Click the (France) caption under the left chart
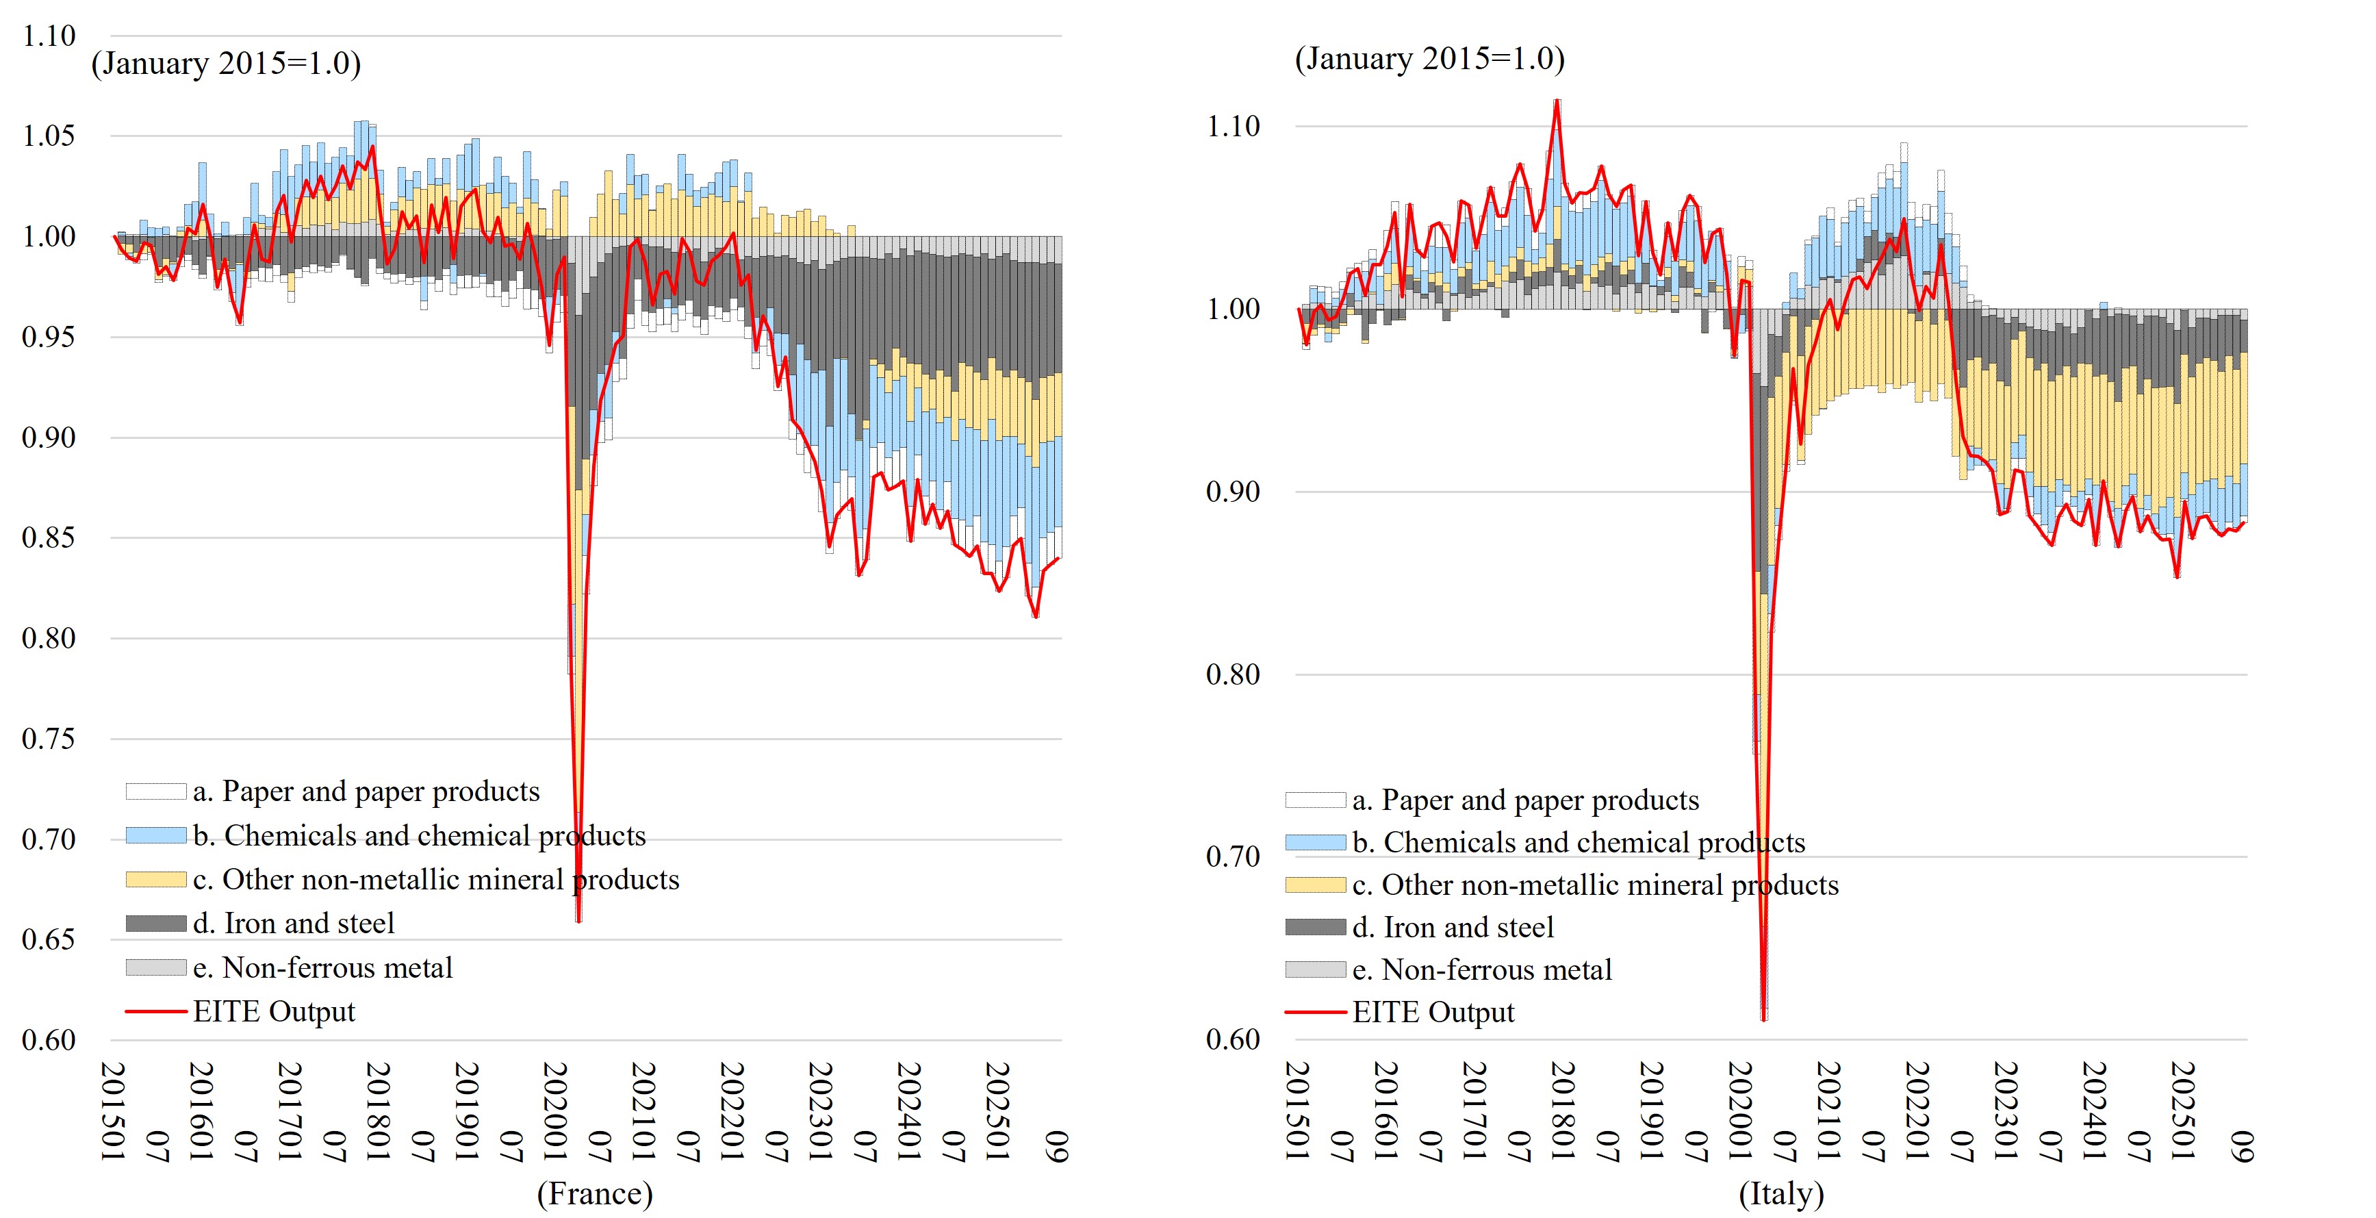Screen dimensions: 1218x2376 [595, 1193]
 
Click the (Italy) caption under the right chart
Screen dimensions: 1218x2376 [1781, 1193]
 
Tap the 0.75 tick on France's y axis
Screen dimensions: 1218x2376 [49, 739]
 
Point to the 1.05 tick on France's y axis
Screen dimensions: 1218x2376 [49, 136]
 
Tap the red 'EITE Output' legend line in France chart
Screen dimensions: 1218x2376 [156, 1011]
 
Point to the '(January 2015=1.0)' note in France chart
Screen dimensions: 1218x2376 [226, 64]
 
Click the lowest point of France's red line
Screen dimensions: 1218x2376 [578, 920]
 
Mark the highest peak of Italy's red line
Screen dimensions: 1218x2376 [1557, 101]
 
